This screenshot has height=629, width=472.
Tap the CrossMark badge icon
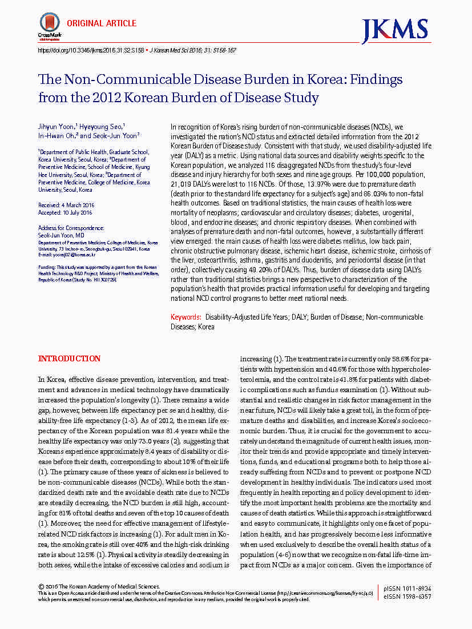point(49,25)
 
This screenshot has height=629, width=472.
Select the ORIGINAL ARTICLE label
point(102,23)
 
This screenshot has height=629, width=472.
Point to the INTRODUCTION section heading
point(69,358)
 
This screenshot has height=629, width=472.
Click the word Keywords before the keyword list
point(185,316)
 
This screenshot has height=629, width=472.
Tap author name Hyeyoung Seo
point(106,127)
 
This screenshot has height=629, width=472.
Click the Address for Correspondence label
point(71,228)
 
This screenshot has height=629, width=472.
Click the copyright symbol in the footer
point(41,586)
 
